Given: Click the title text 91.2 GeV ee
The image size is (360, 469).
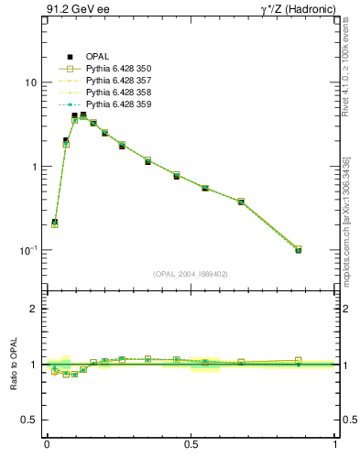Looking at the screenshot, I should tap(72, 10).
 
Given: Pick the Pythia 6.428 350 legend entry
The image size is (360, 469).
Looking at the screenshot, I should tap(118, 69).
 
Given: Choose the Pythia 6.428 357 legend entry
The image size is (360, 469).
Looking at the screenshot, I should tap(118, 81).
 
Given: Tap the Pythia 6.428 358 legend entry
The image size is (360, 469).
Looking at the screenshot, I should tap(118, 93).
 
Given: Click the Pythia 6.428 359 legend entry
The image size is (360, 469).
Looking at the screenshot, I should tap(118, 104).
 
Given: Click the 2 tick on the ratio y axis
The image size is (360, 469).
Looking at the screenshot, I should tap(33, 309).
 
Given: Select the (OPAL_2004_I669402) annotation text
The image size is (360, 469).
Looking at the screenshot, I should tap(191, 273).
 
